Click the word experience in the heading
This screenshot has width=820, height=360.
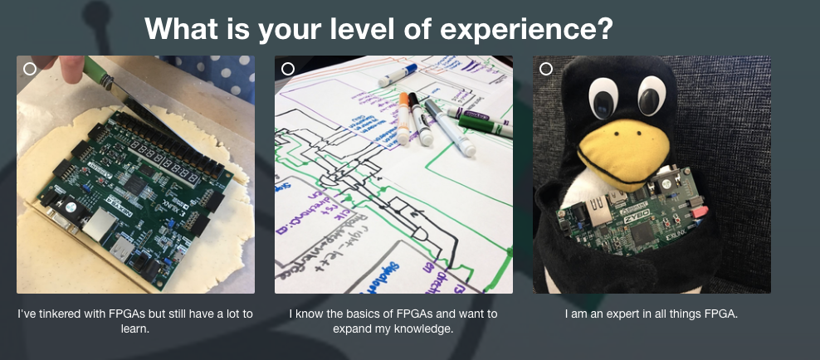(526, 30)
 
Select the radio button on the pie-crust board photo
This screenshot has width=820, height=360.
(30, 69)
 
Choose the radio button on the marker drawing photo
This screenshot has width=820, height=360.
(288, 69)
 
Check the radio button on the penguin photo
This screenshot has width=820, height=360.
(546, 69)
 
